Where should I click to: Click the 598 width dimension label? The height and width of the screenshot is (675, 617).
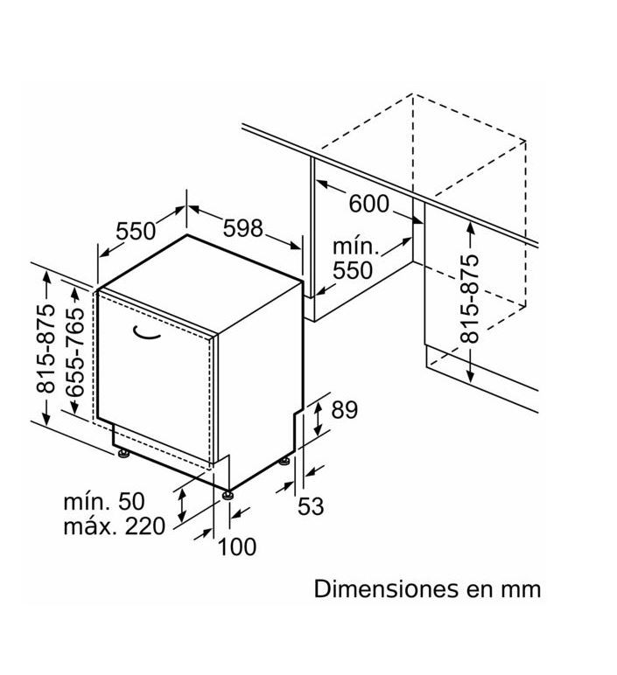tap(242, 228)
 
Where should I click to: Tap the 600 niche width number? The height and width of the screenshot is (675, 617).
tap(368, 204)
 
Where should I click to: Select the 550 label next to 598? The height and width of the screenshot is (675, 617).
tap(136, 231)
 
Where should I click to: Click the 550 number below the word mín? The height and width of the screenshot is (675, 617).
tap(353, 270)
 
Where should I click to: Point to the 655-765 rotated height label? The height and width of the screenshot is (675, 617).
tap(75, 351)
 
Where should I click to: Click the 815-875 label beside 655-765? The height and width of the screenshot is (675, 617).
tap(46, 348)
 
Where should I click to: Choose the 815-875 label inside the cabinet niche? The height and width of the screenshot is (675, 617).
tap(469, 298)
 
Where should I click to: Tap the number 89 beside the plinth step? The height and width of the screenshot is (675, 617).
tap(344, 410)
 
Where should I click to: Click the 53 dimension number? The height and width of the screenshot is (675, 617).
tap(311, 506)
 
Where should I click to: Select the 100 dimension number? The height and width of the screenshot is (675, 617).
tap(237, 546)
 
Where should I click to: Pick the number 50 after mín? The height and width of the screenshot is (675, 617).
tap(131, 502)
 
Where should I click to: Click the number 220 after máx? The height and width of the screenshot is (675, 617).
tap(144, 526)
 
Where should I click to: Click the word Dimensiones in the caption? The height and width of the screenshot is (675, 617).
tap(386, 588)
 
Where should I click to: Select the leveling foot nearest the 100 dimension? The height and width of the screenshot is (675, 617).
tap(228, 495)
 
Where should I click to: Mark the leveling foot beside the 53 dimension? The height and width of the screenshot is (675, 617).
tap(284, 461)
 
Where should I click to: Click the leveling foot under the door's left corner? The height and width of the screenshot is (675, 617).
tap(124, 454)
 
